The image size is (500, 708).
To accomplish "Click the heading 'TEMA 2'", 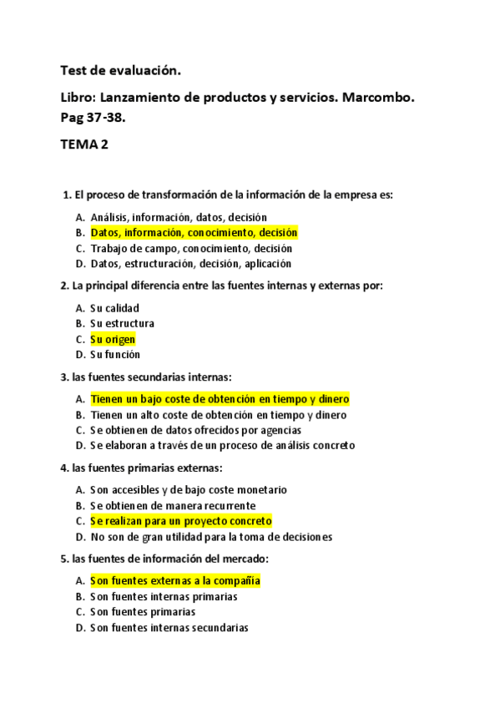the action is tap(84, 144).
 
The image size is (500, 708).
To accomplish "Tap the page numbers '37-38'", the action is tap(104, 118).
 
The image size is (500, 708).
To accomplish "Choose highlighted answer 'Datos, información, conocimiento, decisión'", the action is tap(194, 233).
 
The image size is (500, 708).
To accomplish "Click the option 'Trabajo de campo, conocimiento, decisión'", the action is tap(191, 248).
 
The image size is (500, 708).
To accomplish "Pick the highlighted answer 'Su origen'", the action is tap(112, 339).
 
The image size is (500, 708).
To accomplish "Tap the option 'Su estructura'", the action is tap(122, 323).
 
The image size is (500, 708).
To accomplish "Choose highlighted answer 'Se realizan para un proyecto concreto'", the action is tap(181, 521).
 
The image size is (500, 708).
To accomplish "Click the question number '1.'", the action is tap(68, 195).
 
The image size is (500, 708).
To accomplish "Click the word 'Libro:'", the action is tap(81, 98).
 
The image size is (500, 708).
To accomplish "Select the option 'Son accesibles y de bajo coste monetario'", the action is tap(189, 490).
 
